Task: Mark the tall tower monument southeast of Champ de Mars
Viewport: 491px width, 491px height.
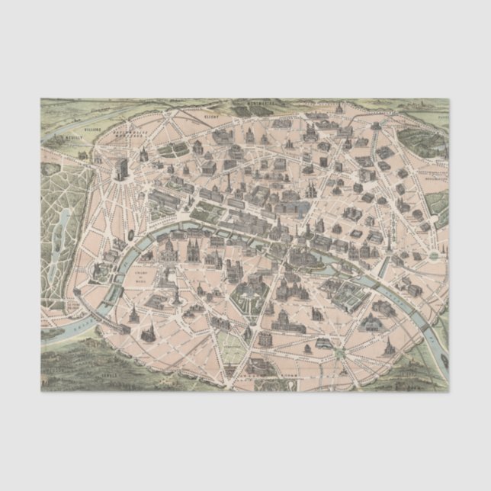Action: pyautogui.click(x=177, y=294)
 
